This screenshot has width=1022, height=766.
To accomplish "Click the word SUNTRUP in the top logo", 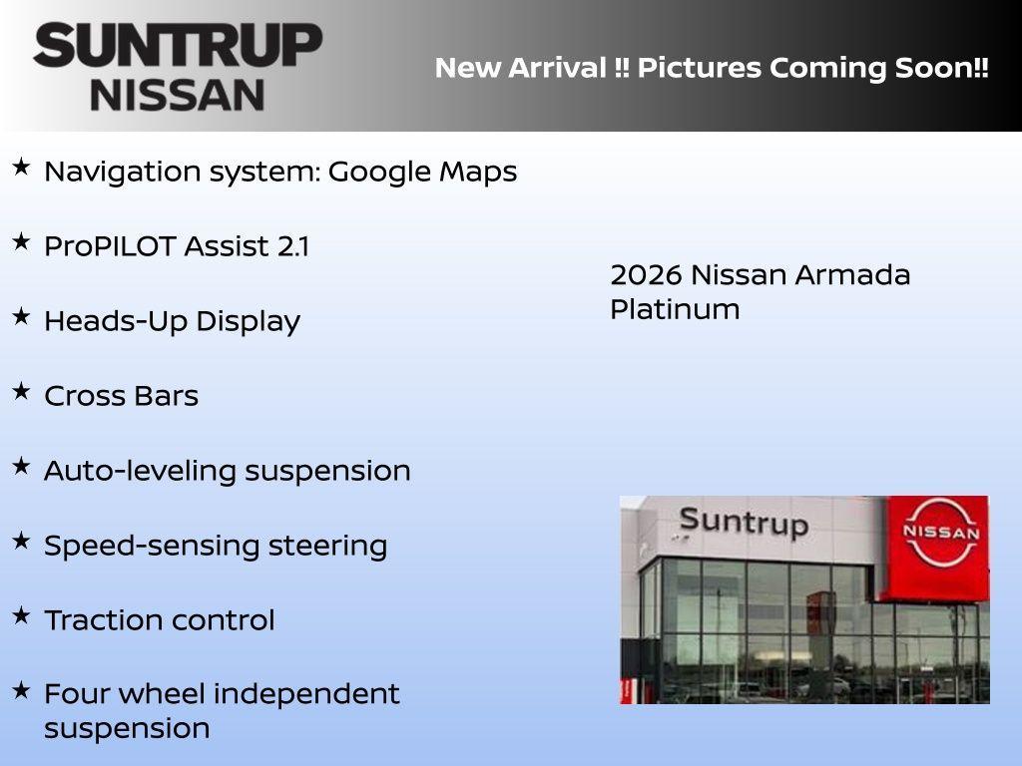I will tap(178, 46).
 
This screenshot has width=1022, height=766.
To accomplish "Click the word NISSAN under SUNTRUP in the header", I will tap(178, 94).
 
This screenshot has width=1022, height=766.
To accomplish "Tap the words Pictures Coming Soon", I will tap(813, 69).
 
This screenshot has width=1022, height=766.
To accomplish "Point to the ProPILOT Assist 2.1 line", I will tap(177, 246).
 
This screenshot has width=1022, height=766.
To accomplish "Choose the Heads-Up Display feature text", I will tap(172, 321).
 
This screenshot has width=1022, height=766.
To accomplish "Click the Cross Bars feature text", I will tap(121, 396).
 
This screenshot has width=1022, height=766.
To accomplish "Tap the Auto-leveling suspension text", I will tap(227, 471).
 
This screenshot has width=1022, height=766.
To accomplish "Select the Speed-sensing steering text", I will tap(216, 546).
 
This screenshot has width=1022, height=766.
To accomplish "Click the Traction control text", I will tap(159, 620).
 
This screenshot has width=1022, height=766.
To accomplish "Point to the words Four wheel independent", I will tap(222, 694).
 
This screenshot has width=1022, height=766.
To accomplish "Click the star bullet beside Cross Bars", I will tap(21, 391).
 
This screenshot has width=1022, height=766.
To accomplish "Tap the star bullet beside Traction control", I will tap(21, 615).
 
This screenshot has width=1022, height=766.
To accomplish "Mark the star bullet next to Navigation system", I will tap(21, 167).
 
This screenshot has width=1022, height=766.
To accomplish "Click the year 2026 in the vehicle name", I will tap(645, 275).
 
